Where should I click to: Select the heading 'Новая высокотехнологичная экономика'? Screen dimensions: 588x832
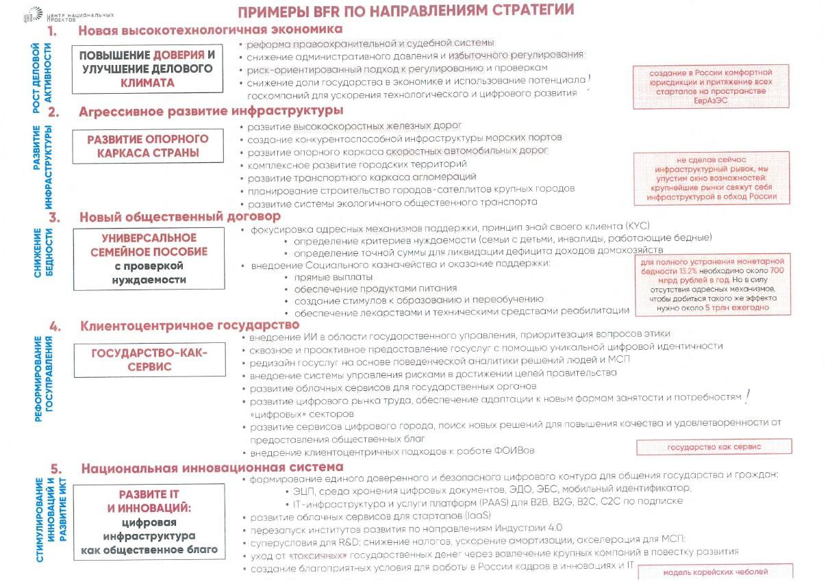210,31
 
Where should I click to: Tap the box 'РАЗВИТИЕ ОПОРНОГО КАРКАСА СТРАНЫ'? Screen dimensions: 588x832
147,146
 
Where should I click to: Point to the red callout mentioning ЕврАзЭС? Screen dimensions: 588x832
710,87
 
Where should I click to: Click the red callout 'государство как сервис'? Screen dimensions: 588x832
714,447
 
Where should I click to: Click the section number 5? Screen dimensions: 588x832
57,469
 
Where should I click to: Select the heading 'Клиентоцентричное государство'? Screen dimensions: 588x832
190,325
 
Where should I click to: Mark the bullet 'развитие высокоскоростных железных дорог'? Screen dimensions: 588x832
355,126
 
